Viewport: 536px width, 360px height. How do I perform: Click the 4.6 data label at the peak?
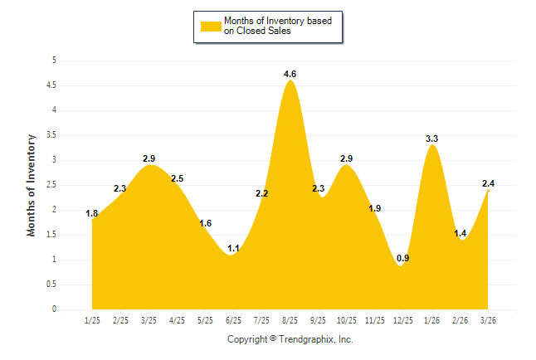pyautogui.click(x=290, y=75)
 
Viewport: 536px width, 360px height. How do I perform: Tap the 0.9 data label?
pyautogui.click(x=402, y=258)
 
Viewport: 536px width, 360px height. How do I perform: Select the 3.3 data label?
pyautogui.click(x=431, y=139)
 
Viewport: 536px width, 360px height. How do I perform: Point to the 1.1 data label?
pyautogui.click(x=233, y=248)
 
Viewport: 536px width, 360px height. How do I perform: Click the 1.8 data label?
pyautogui.click(x=92, y=214)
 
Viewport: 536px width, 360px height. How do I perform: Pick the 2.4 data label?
pyautogui.click(x=490, y=184)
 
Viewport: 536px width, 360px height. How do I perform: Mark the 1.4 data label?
pyautogui.click(x=460, y=234)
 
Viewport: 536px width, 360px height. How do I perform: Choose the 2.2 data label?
pyautogui.click(x=261, y=194)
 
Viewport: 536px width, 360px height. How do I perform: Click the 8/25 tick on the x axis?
pyautogui.click(x=290, y=319)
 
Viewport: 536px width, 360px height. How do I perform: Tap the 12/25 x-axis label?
pyautogui.click(x=403, y=319)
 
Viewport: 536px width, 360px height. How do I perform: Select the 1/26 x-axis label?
pyautogui.click(x=431, y=319)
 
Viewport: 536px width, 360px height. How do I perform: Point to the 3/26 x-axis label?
pyautogui.click(x=488, y=319)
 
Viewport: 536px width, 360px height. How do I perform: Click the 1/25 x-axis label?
pyautogui.click(x=92, y=319)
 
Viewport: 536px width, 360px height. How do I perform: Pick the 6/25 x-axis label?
pyautogui.click(x=233, y=319)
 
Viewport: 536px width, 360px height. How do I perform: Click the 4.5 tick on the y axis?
pyautogui.click(x=51, y=85)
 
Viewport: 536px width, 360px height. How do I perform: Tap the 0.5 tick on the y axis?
pyautogui.click(x=51, y=285)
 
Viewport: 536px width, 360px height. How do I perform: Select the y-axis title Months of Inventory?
pyautogui.click(x=32, y=185)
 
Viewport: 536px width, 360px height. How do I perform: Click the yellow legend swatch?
pyautogui.click(x=210, y=27)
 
